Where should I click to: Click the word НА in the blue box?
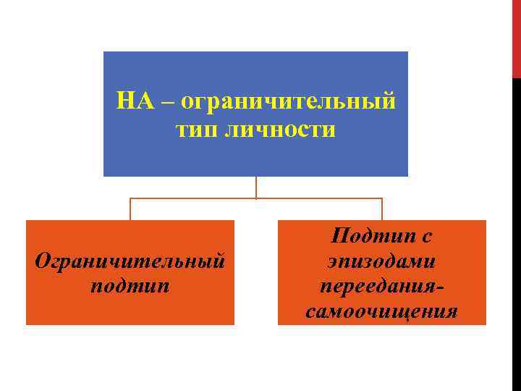click(x=134, y=101)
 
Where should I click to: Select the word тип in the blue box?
click(x=197, y=131)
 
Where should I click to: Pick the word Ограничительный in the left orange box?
click(x=130, y=261)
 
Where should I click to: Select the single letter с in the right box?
click(x=427, y=235)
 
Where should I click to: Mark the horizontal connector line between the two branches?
click(x=318, y=198)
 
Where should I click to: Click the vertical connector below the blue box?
click(x=256, y=187)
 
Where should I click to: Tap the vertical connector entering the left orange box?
click(x=130, y=209)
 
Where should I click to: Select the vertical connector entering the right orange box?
click(x=382, y=209)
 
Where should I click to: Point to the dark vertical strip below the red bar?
click(x=516, y=232)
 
